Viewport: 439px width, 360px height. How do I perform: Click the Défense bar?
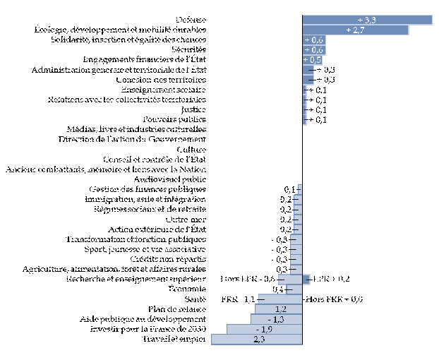pyautogui.click(x=367, y=20)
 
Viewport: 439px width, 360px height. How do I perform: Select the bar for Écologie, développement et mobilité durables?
pyautogui.click(x=356, y=30)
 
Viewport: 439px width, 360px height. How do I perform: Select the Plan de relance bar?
pyautogui.click(x=280, y=309)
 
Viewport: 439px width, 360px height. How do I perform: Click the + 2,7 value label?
pyautogui.click(x=356, y=30)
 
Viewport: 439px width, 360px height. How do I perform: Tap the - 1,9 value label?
pyautogui.click(x=264, y=330)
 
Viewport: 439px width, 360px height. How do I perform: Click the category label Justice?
pyautogui.click(x=193, y=110)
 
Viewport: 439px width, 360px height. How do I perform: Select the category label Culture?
pyautogui.click(x=191, y=150)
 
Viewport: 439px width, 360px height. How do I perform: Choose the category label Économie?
pyautogui.click(x=188, y=289)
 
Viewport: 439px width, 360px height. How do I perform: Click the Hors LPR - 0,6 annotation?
pyautogui.click(x=248, y=280)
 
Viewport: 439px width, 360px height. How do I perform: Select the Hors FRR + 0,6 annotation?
pyautogui.click(x=334, y=299)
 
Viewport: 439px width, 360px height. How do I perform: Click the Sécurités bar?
pyautogui.click(x=313, y=50)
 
